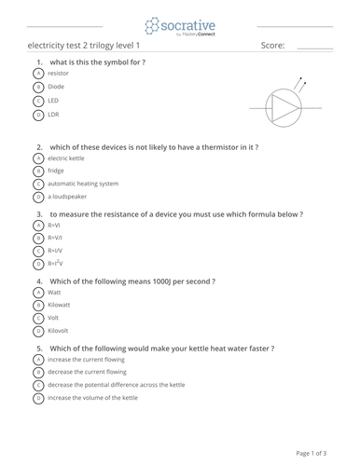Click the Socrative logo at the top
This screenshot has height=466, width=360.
click(x=179, y=26)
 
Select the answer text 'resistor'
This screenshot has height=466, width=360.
click(x=58, y=72)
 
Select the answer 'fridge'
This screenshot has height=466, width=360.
click(x=56, y=171)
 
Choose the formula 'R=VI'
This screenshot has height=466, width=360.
click(x=54, y=225)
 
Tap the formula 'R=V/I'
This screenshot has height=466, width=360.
click(x=55, y=238)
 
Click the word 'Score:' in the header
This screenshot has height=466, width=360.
click(x=273, y=45)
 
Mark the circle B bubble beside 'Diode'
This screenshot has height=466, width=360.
click(x=38, y=86)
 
